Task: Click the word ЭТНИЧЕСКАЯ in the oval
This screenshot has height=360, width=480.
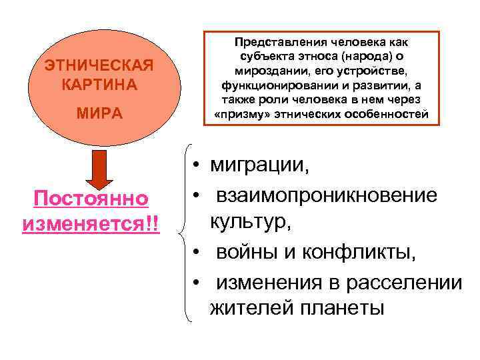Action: [x=99, y=66]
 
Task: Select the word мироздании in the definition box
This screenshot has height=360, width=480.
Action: [x=263, y=71]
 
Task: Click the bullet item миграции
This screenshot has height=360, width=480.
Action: [x=259, y=165]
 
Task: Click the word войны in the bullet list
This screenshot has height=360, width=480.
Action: [x=247, y=253]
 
